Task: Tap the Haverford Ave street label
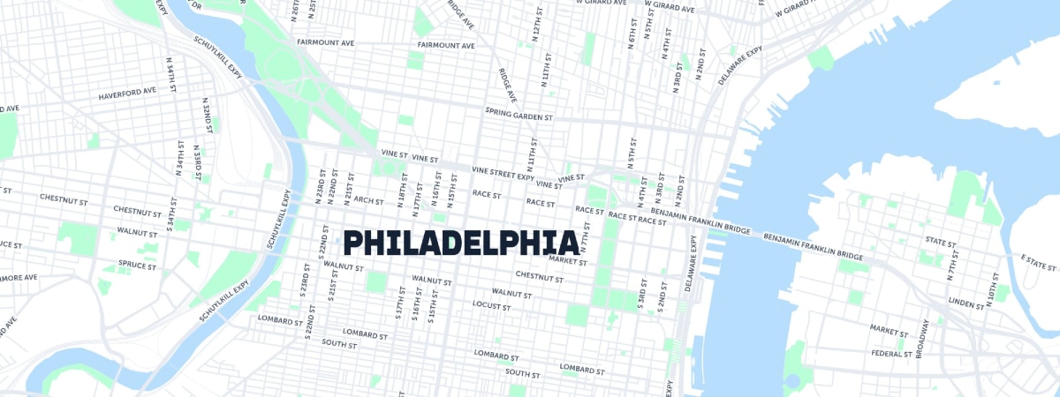[127, 91]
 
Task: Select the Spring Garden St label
[519, 114]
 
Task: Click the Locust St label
[491, 306]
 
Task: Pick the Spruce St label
[137, 264]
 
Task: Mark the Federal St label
[891, 354]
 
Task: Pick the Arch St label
[368, 200]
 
